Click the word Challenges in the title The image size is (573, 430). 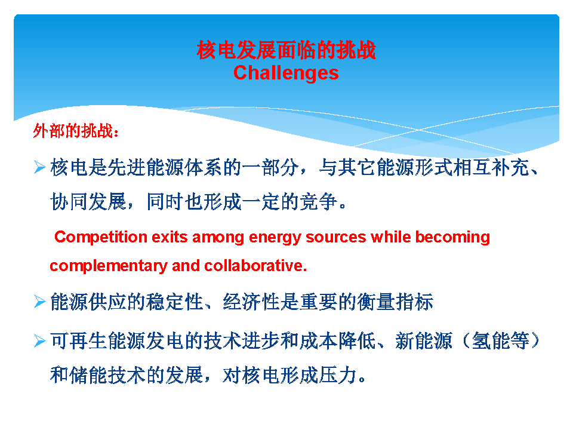(x=286, y=73)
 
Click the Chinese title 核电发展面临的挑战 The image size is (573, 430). (x=286, y=50)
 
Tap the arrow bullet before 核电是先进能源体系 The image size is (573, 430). (x=39, y=167)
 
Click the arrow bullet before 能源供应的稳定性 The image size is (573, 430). (x=39, y=302)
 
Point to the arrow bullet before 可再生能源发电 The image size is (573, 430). (x=39, y=341)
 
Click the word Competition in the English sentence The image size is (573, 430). (x=100, y=238)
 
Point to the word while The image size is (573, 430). (x=390, y=237)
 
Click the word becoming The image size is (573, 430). (x=452, y=238)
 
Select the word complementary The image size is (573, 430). (x=109, y=266)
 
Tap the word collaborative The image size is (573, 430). (x=255, y=266)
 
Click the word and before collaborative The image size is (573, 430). (x=186, y=266)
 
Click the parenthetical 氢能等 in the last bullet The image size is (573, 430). (x=500, y=341)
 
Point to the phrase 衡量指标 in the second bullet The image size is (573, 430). (x=395, y=302)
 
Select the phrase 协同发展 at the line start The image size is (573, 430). (x=88, y=201)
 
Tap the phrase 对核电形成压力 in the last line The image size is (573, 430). (x=289, y=375)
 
